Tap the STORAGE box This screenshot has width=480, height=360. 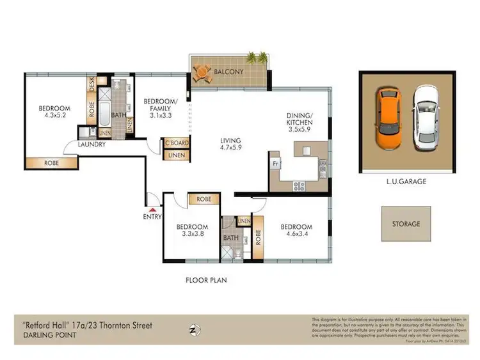click(406, 224)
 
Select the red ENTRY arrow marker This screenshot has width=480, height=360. click(152, 208)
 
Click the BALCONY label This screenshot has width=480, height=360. click(228, 72)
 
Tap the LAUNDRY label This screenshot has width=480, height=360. click(92, 145)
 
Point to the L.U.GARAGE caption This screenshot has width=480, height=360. click(406, 182)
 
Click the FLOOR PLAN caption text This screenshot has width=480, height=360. click(206, 280)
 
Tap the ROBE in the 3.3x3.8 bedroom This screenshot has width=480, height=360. click(204, 199)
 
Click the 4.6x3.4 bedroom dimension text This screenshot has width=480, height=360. click(296, 235)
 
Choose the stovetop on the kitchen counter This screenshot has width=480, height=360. click(299, 185)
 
